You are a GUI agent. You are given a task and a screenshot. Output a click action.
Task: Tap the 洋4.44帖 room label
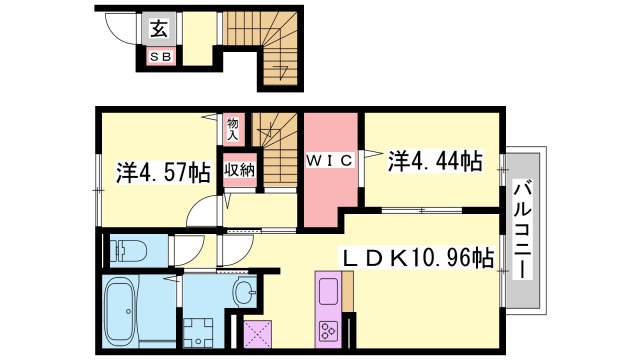435,160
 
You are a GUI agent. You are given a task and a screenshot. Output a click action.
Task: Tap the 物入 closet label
233,127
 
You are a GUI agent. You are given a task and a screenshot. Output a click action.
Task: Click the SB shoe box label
160,57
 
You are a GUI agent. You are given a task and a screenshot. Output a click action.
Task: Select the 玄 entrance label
159,28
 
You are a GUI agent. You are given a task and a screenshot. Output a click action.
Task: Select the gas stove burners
329,330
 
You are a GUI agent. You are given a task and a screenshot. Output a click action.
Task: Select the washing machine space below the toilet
205,323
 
